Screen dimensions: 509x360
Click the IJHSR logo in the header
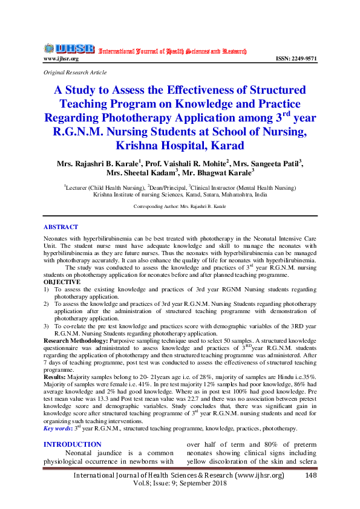pos(68,48)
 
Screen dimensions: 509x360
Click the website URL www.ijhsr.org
pos(61,59)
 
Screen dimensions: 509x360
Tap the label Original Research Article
pos(75,73)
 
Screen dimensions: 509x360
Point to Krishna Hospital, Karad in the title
pos(180,146)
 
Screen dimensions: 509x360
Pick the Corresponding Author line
pos(180,207)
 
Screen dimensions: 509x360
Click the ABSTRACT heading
pos(61,227)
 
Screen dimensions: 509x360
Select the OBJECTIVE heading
pos(62,282)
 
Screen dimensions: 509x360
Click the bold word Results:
pos(54,376)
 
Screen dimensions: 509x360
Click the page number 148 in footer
pos(311,476)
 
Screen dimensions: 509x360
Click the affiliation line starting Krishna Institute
pos(180,195)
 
